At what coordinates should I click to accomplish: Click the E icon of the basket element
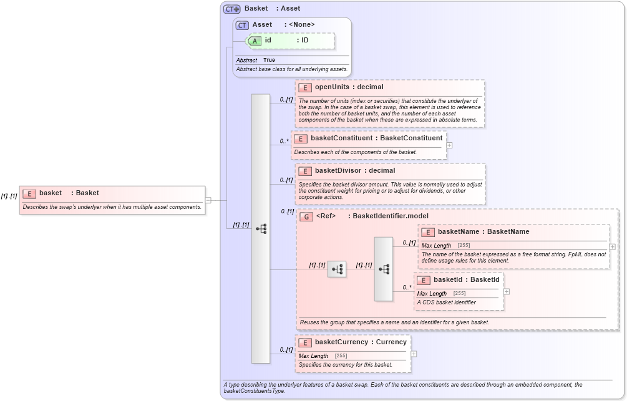coord(29,193)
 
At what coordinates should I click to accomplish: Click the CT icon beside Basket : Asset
coord(232,9)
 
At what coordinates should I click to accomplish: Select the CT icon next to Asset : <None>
coord(242,25)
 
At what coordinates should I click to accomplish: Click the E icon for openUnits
coord(305,87)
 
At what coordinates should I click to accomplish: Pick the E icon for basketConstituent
coord(301,138)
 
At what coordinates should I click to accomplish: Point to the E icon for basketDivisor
coord(305,171)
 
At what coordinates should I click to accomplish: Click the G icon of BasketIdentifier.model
coord(306,216)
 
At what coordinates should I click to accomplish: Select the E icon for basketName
coord(428,232)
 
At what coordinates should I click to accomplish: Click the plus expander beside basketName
coord(612,247)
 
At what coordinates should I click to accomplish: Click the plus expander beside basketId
coord(506,291)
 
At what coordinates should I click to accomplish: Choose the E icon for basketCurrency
coord(305,342)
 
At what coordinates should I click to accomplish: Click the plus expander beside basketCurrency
coord(413,354)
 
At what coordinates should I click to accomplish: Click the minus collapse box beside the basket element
coord(208,200)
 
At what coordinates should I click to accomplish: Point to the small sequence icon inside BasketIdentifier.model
coord(337,269)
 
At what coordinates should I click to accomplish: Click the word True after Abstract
coord(269,60)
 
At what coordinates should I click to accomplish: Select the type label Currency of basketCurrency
coord(391,342)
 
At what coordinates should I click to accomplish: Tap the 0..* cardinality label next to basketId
coord(407,287)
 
